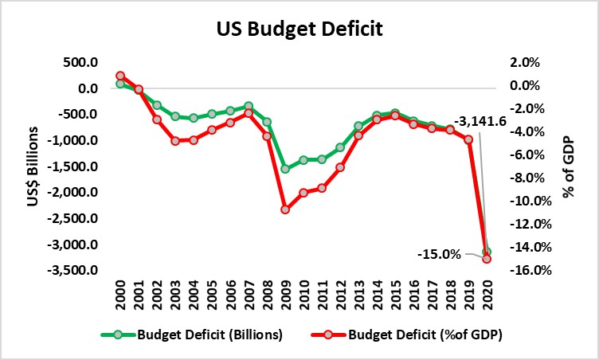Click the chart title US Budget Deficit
[x=299, y=30]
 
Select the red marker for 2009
[x=285, y=209]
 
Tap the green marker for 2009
[x=285, y=168]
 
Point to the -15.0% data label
[x=439, y=254]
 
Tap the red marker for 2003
[x=175, y=141]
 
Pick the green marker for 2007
[x=249, y=106]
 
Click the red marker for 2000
[x=120, y=76]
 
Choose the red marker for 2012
[x=340, y=167]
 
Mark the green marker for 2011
[x=322, y=159]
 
